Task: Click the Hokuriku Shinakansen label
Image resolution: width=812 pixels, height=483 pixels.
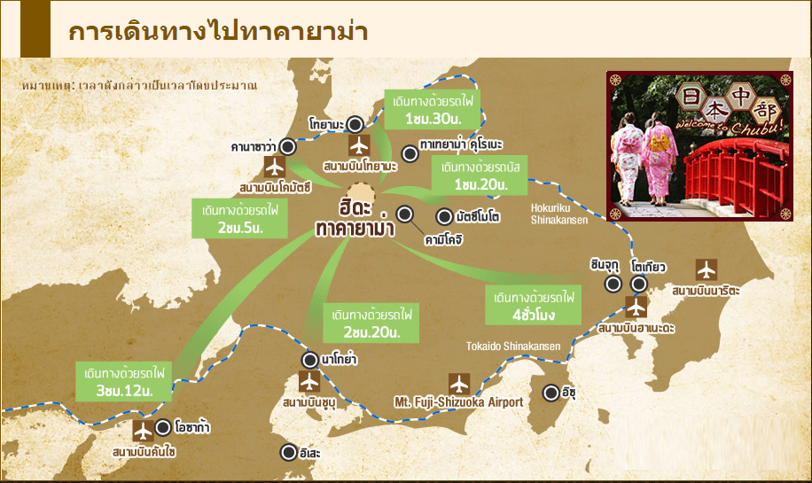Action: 559,214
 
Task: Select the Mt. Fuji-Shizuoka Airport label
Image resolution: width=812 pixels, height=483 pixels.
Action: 458,402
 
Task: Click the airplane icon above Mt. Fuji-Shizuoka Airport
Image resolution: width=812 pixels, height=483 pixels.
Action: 459,384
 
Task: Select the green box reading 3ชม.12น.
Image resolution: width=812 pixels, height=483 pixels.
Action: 124,378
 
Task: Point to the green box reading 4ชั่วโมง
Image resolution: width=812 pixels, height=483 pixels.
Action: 533,305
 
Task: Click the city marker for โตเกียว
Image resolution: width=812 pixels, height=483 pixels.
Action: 639,284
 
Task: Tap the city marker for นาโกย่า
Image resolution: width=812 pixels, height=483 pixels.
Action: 309,360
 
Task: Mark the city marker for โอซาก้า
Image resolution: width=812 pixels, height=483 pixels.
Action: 163,428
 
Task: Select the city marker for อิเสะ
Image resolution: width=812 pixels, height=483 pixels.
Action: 288,452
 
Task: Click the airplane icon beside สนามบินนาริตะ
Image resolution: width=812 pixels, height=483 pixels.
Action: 706,269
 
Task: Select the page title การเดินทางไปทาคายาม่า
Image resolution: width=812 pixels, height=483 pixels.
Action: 218,30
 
